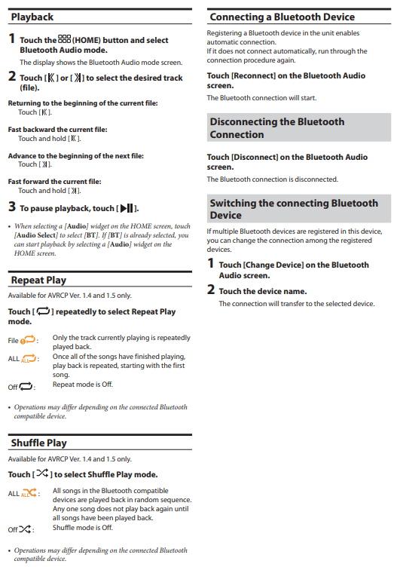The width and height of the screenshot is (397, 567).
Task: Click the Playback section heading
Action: (x=32, y=17)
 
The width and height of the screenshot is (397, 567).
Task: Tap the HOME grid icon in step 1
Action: (x=64, y=39)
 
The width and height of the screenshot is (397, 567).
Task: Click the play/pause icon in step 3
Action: (x=127, y=208)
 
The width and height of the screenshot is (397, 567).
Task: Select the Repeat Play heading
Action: (x=38, y=280)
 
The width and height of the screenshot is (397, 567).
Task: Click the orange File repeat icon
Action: (x=28, y=340)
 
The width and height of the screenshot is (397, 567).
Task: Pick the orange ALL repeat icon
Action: (x=29, y=358)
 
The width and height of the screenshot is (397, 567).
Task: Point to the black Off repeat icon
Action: (x=26, y=386)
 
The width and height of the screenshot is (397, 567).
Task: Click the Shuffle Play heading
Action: (x=39, y=443)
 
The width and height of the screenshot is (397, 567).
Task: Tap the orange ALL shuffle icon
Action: (x=29, y=493)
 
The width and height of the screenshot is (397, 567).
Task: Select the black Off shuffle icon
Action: (x=25, y=529)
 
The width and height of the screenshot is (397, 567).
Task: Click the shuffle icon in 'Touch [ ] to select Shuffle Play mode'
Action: (x=43, y=473)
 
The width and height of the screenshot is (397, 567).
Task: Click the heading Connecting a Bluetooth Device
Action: (x=282, y=17)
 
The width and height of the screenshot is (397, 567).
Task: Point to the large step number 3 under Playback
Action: (x=12, y=207)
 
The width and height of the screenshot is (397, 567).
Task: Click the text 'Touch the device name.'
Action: (x=263, y=292)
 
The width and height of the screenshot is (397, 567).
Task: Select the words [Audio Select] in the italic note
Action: (x=36, y=235)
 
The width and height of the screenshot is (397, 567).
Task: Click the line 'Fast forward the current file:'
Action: (x=54, y=182)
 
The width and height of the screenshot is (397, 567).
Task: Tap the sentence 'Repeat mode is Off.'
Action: (x=83, y=385)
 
